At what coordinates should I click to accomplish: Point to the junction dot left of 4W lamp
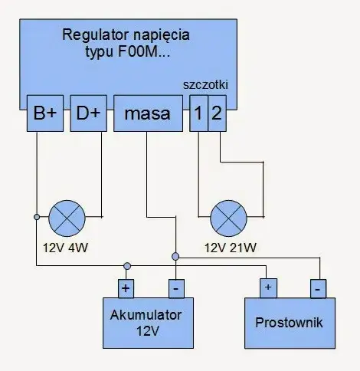point(36,217)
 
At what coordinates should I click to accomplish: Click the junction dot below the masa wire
point(175,256)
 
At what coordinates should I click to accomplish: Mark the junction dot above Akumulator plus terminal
point(127,266)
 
